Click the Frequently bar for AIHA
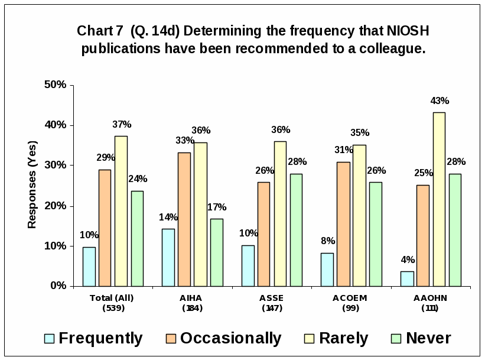pyautogui.click(x=168, y=258)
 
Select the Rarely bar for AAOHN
pyautogui.click(x=439, y=199)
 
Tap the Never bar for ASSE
pyautogui.click(x=296, y=230)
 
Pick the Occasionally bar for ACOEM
pyautogui.click(x=343, y=224)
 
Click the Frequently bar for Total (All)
pyautogui.click(x=89, y=267)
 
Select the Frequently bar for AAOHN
pyautogui.click(x=407, y=279)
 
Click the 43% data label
pyautogui.click(x=440, y=101)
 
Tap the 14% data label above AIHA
pyautogui.click(x=168, y=217)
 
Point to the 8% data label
pyautogui.click(x=328, y=241)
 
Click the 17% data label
pyautogui.click(x=217, y=207)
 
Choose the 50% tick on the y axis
pyautogui.click(x=55, y=85)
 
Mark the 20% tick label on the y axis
pyautogui.click(x=55, y=206)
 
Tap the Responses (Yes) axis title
pyautogui.click(x=32, y=184)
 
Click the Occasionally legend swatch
pyautogui.click(x=171, y=338)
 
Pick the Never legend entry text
pyautogui.click(x=428, y=338)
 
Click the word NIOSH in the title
pyautogui.click(x=400, y=30)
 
